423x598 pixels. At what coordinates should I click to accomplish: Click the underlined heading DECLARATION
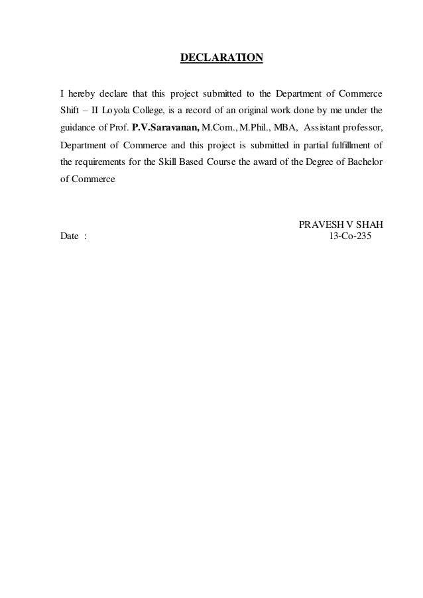[x=222, y=59]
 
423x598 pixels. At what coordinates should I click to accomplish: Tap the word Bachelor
[x=365, y=163]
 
